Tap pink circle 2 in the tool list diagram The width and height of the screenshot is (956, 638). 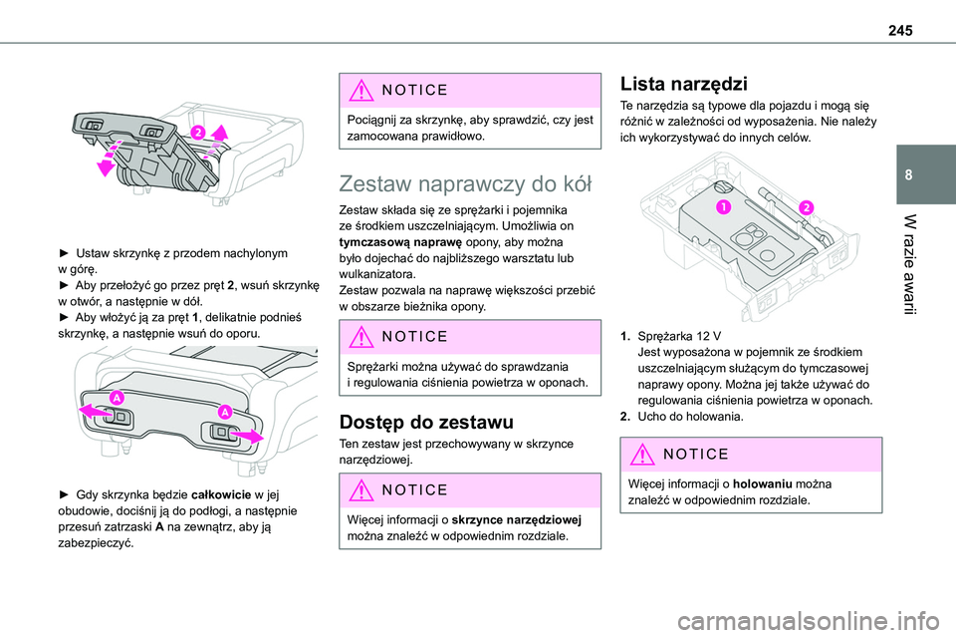click(804, 206)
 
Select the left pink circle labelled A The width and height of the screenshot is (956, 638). click(117, 399)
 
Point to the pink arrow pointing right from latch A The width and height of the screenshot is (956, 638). click(251, 435)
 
